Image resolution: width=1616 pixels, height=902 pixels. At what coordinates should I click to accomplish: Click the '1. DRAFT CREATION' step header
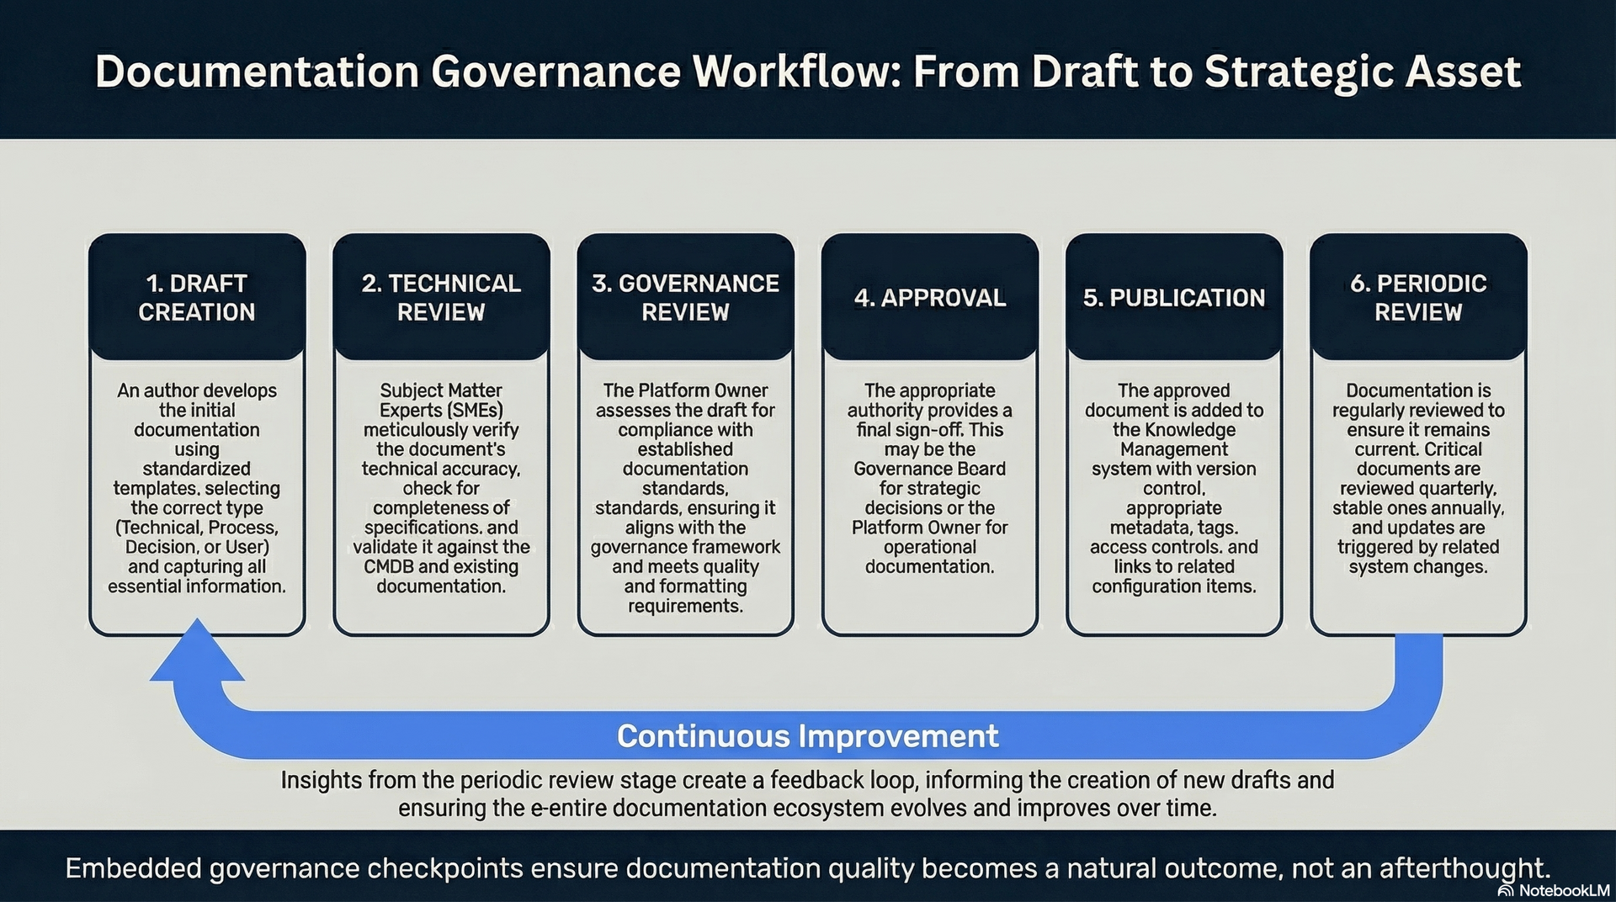tap(197, 298)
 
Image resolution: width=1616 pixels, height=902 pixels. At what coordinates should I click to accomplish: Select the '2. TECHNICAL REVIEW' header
tap(441, 298)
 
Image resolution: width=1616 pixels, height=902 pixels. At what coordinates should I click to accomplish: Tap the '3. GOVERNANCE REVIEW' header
tap(685, 298)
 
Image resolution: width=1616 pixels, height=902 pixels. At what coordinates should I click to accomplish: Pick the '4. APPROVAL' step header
tap(930, 298)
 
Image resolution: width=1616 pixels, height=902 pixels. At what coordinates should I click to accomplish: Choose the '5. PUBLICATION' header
tap(1174, 298)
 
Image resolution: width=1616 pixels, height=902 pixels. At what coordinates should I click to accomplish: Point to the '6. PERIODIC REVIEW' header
tap(1418, 298)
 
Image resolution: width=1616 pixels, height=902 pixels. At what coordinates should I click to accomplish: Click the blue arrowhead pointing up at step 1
tap(197, 652)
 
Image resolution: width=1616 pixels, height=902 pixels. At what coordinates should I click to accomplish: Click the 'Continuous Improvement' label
tap(807, 736)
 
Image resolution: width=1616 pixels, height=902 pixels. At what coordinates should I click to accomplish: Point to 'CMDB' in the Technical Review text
tap(390, 567)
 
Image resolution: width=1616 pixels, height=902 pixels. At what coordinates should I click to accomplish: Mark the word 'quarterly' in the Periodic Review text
tap(1459, 489)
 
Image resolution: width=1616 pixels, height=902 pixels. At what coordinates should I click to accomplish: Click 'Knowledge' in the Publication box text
tap(1189, 430)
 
